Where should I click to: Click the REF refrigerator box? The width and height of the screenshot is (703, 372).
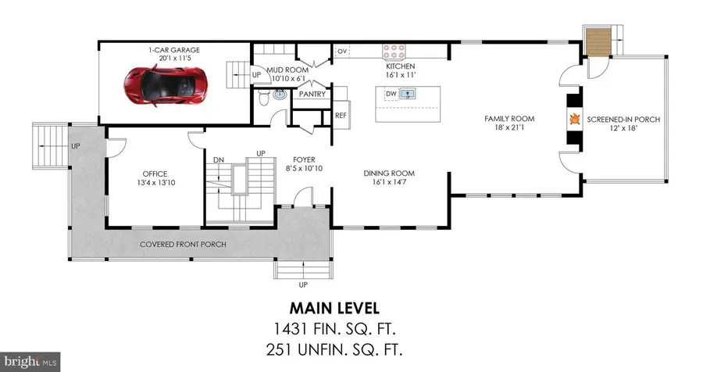click(x=341, y=116)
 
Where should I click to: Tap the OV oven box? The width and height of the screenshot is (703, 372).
click(x=342, y=52)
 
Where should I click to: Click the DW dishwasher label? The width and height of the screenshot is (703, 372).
click(x=390, y=94)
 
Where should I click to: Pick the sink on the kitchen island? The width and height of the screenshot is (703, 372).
click(x=408, y=94)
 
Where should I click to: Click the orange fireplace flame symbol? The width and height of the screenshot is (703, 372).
click(x=574, y=120)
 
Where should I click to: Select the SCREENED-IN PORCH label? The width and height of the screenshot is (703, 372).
click(x=624, y=120)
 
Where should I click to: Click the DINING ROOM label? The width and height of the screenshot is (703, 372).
click(x=389, y=173)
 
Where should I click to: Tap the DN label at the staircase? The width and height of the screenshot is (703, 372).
click(x=219, y=159)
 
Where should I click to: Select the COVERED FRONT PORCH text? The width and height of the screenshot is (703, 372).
click(x=183, y=245)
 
